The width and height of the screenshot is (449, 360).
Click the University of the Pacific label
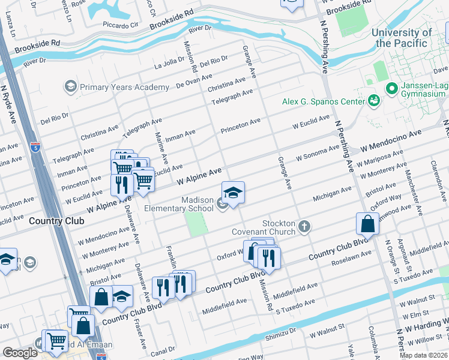click(402, 38)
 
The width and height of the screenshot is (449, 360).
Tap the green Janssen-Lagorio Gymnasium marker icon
click(392, 89)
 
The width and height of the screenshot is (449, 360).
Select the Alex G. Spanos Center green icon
click(374, 100)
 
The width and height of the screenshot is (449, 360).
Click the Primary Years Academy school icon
click(71, 87)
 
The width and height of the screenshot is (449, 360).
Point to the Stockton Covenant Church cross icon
click(305, 226)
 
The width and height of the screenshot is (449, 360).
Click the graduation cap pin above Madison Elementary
click(233, 192)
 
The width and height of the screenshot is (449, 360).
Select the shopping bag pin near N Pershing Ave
click(366, 224)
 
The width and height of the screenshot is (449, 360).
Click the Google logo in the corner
click(20, 353)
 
